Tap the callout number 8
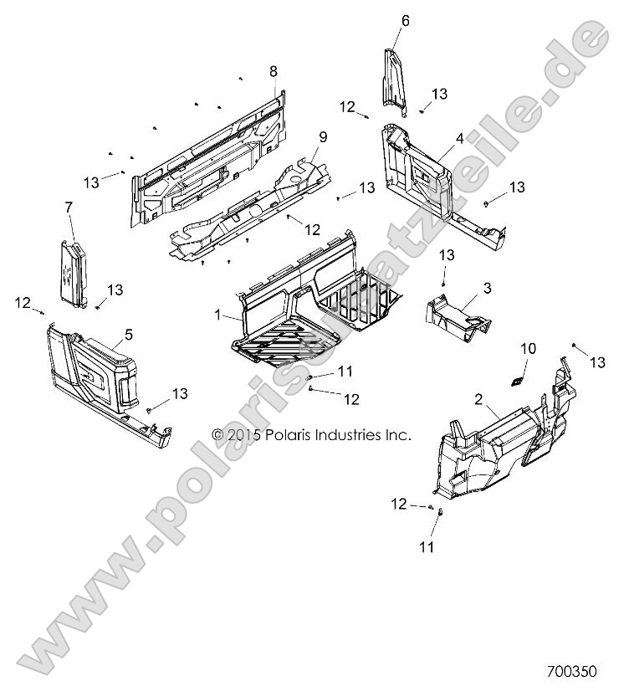(x=273, y=72)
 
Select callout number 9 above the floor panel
(x=299, y=136)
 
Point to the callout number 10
(x=526, y=347)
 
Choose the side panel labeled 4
(x=418, y=176)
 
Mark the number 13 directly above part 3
(x=447, y=254)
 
